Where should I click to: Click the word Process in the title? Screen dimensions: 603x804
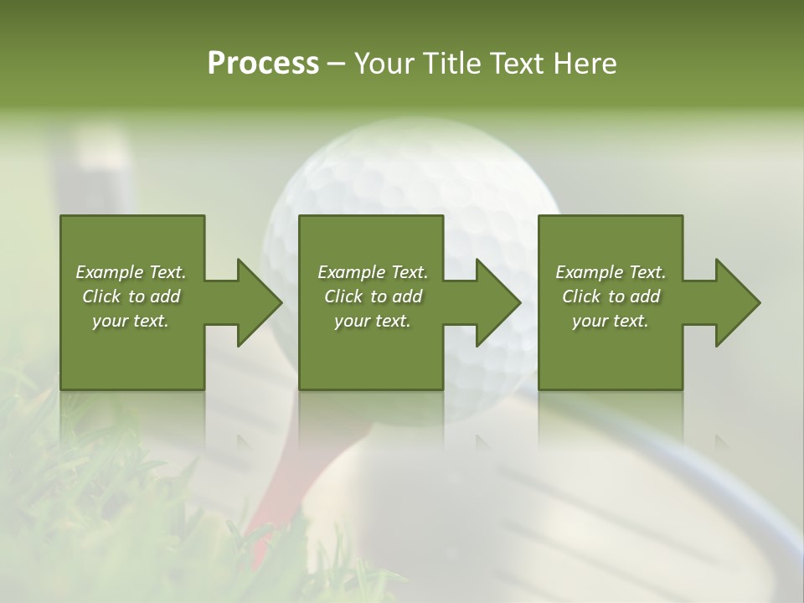click(x=263, y=64)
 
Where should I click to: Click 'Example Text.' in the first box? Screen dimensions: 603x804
click(x=131, y=272)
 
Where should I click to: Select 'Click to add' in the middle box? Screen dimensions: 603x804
click(x=373, y=296)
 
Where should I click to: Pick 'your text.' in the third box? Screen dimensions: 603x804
click(x=610, y=321)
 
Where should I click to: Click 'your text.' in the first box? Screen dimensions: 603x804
click(x=131, y=321)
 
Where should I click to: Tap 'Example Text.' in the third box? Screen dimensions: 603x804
click(x=611, y=272)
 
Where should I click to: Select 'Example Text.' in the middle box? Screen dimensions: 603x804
click(x=373, y=272)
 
